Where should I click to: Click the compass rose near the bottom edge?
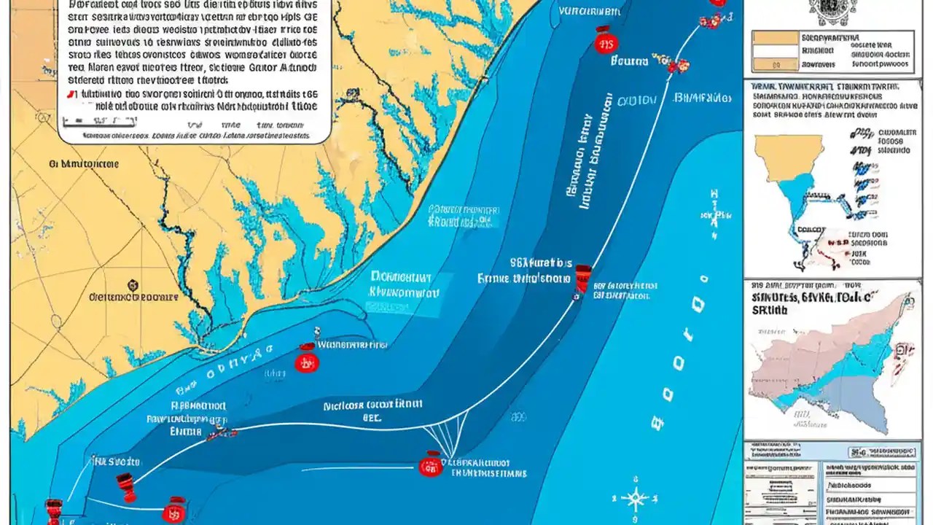(635, 499)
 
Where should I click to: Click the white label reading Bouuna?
(629, 62)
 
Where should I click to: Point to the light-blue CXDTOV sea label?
(636, 101)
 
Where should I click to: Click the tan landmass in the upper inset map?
(787, 153)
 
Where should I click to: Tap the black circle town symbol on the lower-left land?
(132, 285)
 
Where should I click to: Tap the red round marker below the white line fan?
(431, 464)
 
